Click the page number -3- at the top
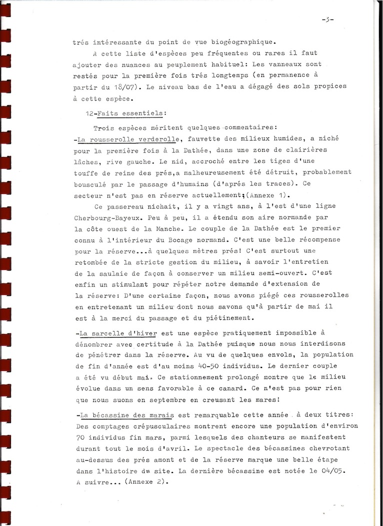click(x=327, y=19)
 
